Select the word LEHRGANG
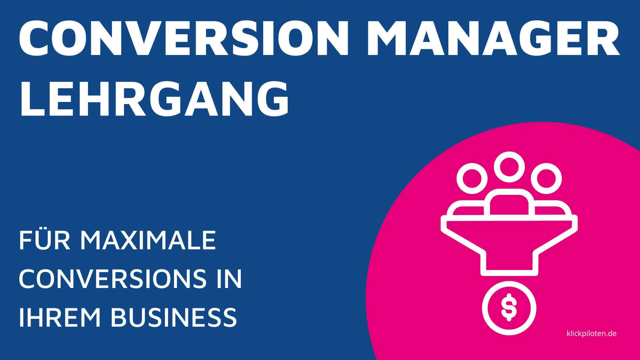click(154, 97)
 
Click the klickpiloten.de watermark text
click(592, 333)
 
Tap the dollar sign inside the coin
click(509, 307)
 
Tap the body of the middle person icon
click(509, 204)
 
